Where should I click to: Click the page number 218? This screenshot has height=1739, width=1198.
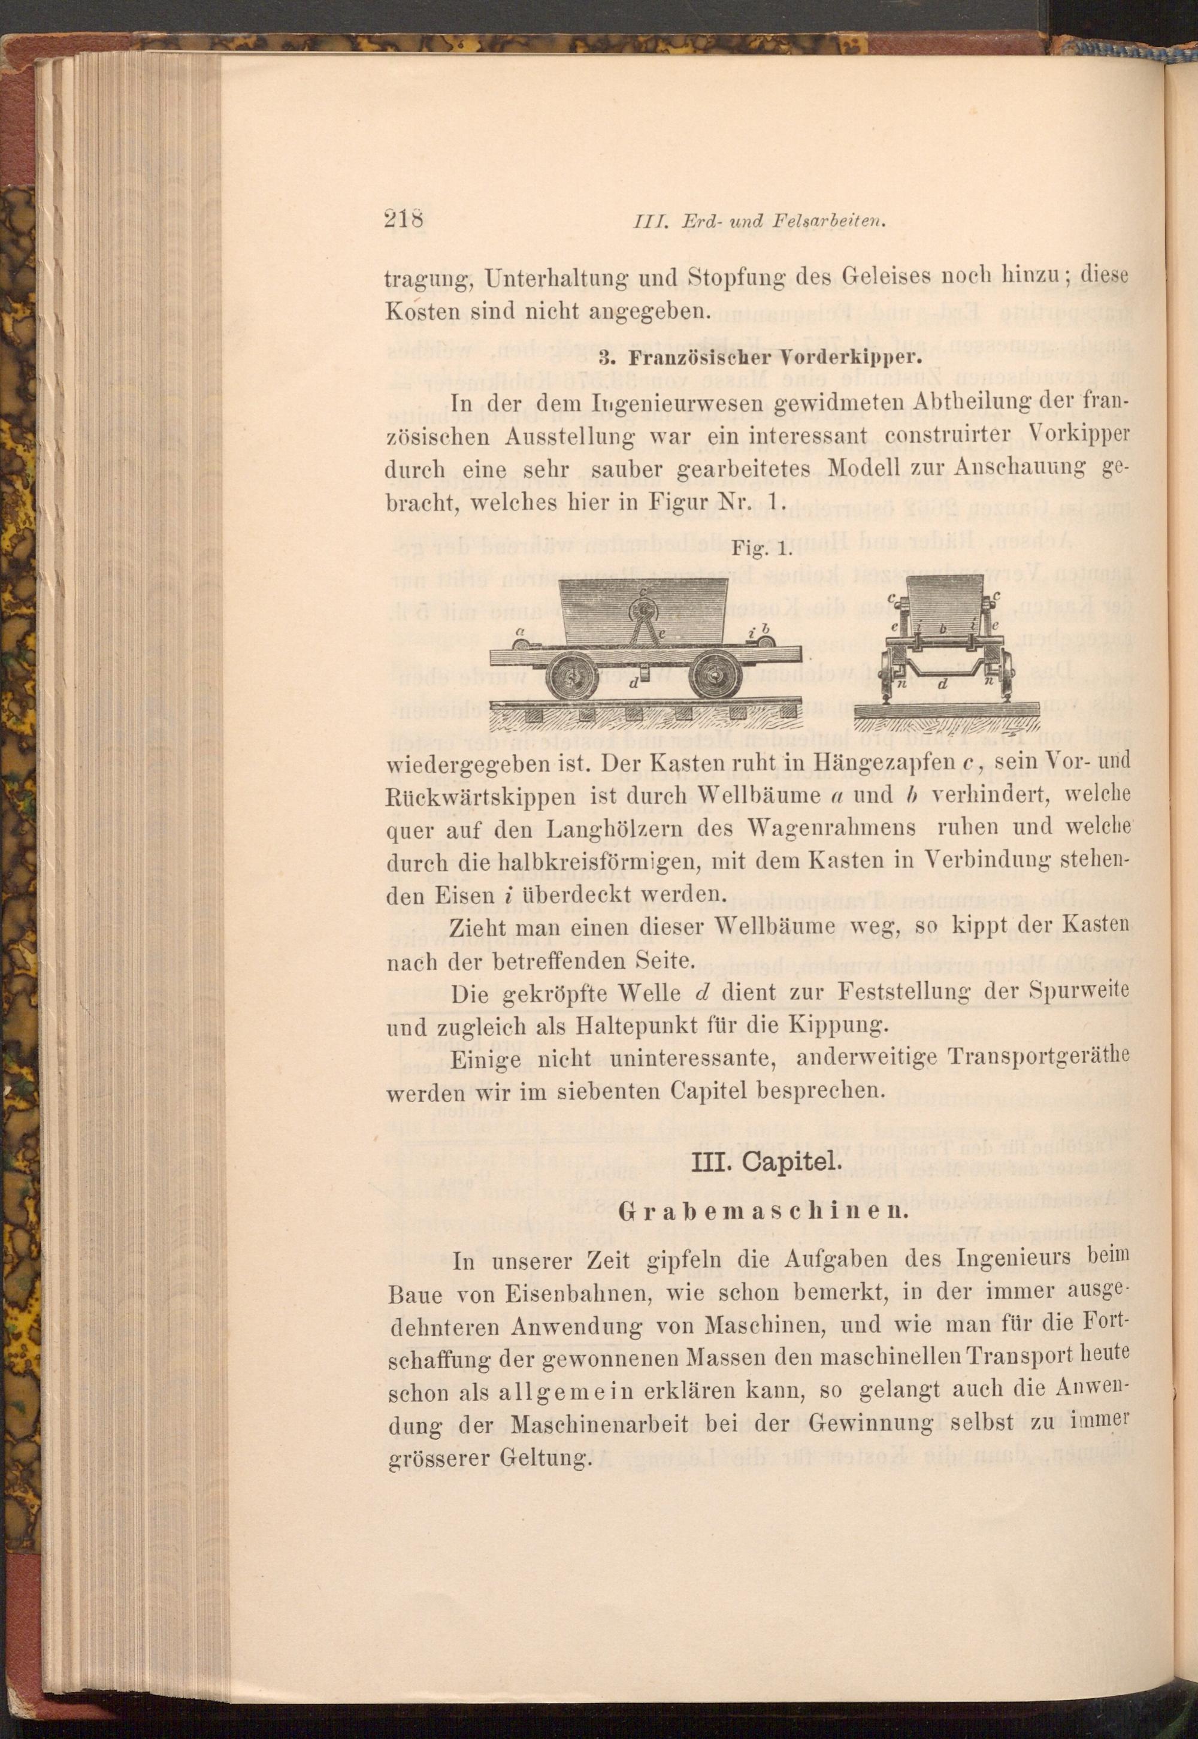point(404,219)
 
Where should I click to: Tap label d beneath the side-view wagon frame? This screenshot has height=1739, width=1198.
point(634,683)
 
